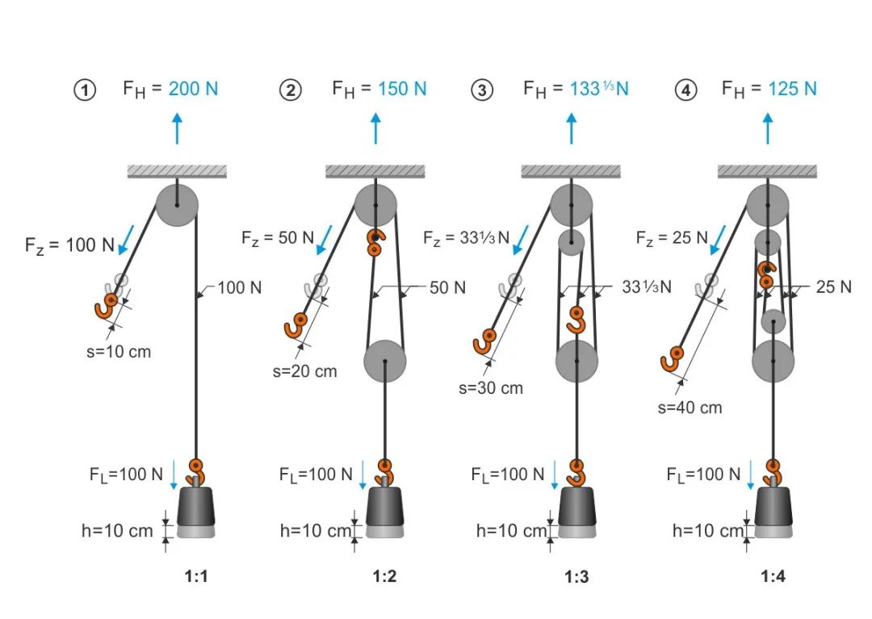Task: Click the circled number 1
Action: [85, 90]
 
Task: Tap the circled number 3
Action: [482, 90]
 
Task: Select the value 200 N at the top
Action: [193, 88]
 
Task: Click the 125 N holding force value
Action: [792, 88]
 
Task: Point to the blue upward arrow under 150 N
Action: [375, 128]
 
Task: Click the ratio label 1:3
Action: [576, 576]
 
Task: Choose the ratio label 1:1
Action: [196, 576]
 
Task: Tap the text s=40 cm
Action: [690, 408]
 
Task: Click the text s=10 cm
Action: [118, 352]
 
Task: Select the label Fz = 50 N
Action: [278, 237]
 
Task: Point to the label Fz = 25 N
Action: [671, 237]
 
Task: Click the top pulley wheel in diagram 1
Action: [176, 203]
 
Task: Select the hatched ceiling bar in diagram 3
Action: [571, 171]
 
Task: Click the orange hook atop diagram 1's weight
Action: [195, 471]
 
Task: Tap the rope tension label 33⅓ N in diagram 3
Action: [647, 286]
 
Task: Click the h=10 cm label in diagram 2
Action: [315, 531]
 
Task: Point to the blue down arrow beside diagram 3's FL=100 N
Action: [555, 475]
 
